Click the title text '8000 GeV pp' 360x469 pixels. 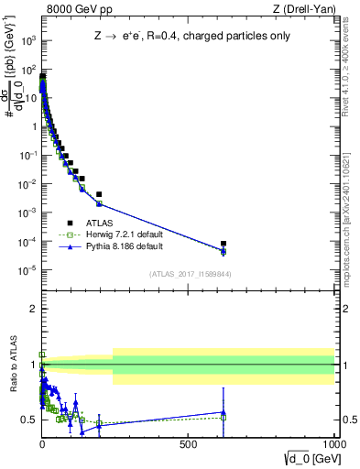click(x=71, y=9)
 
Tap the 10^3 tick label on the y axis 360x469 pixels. click(x=29, y=40)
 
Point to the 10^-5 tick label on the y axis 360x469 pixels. click(x=28, y=270)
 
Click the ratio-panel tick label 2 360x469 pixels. click(x=31, y=309)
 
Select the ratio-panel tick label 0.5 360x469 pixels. click(x=27, y=420)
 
